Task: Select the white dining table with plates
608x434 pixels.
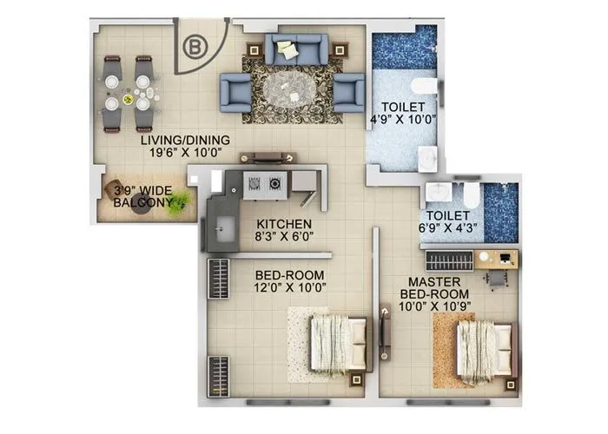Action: (x=129, y=93)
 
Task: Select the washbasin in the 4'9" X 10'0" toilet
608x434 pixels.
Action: (x=429, y=156)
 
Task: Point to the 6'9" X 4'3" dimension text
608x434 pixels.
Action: (x=448, y=229)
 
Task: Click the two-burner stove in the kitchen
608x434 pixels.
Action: (x=265, y=183)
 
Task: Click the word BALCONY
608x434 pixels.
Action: (x=141, y=203)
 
